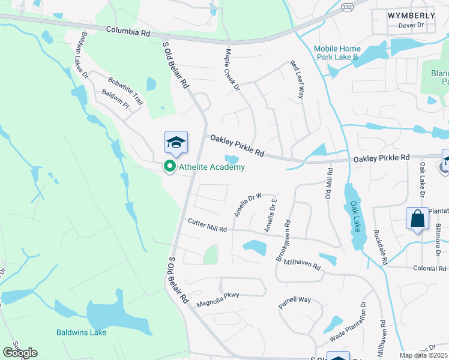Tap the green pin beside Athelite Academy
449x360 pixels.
tap(170, 166)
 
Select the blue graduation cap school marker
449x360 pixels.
tap(176, 143)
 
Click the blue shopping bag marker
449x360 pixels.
tap(418, 219)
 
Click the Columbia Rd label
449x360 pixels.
tap(128, 31)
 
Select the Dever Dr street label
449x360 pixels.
tap(411, 25)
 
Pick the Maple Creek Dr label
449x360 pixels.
tap(232, 71)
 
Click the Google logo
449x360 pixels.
tap(20, 353)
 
